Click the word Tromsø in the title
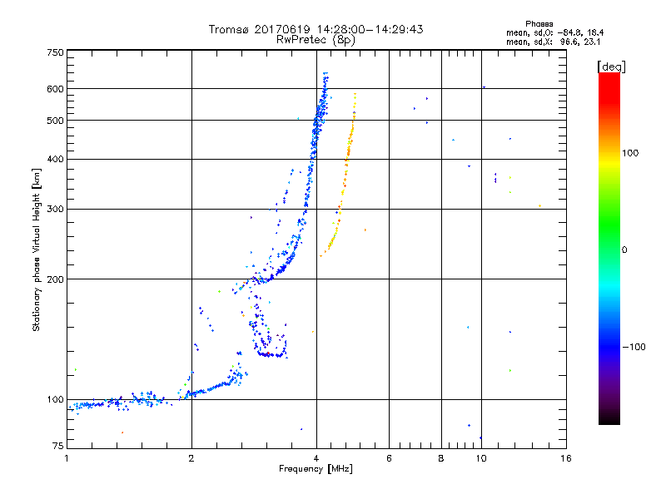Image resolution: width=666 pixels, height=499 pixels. tap(228, 29)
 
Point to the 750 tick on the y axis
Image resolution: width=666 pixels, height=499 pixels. tap(55, 52)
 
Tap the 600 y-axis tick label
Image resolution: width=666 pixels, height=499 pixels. tap(55, 88)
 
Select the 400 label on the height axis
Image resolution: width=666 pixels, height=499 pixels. tap(55, 159)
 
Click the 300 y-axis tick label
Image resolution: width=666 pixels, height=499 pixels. tap(55, 209)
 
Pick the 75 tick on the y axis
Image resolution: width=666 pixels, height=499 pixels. tap(57, 447)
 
